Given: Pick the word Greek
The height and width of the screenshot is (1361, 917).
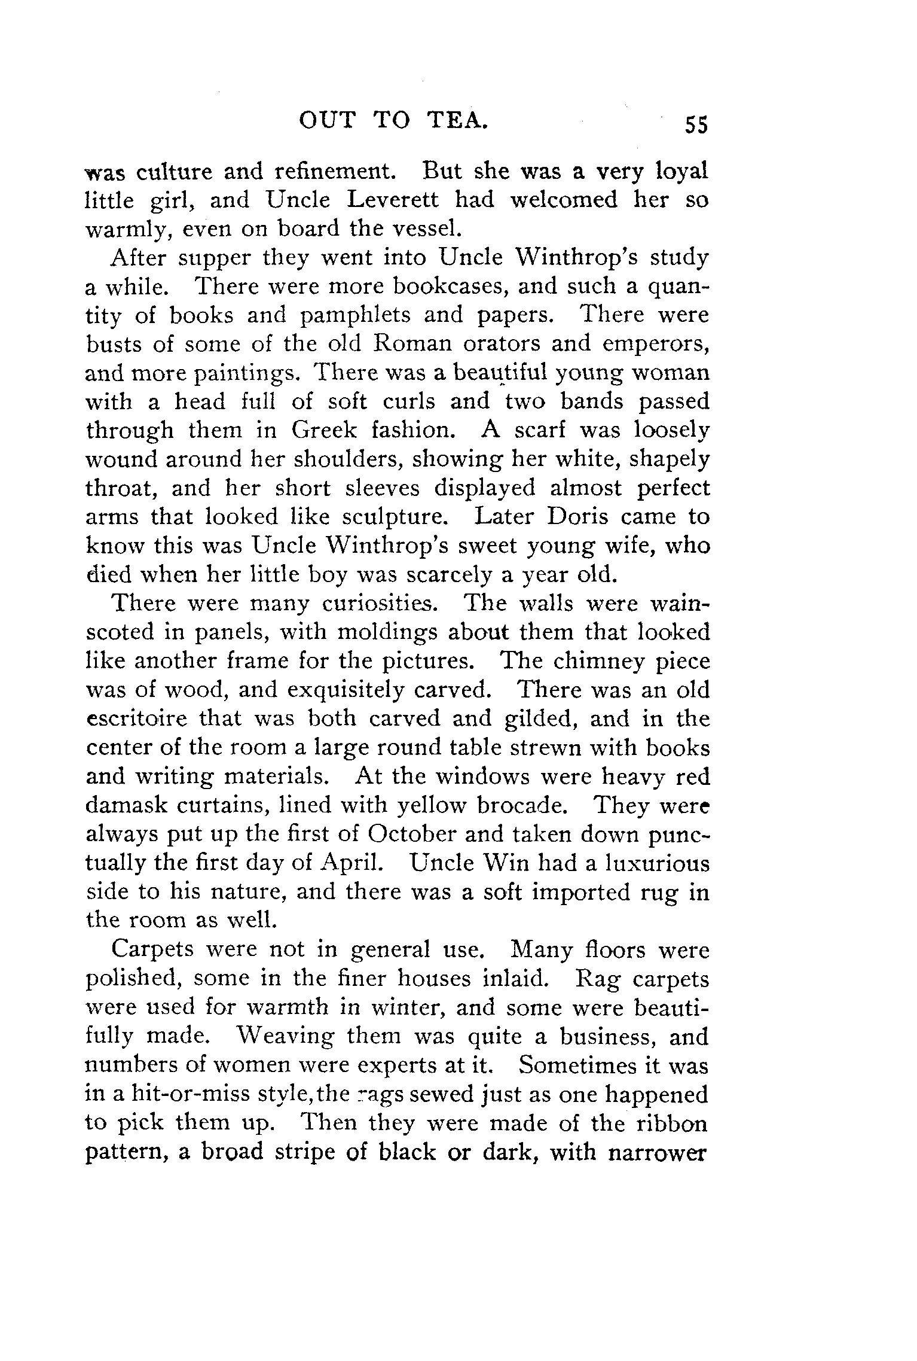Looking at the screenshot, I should (x=325, y=431).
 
